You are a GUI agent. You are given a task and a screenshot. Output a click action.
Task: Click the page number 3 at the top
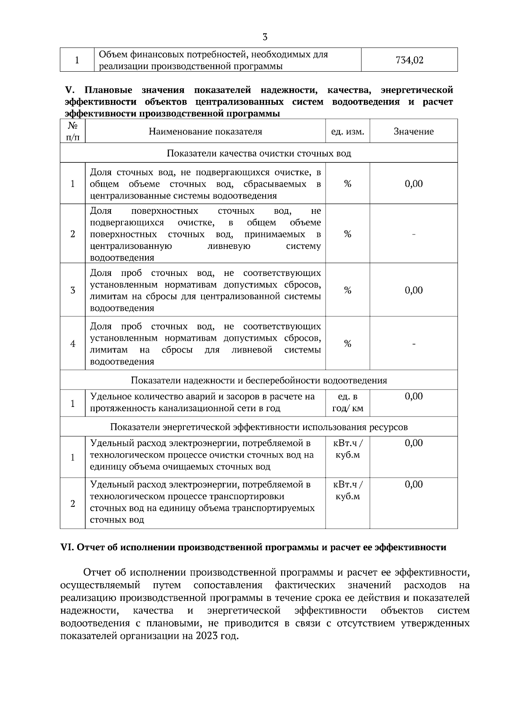coord(265,37)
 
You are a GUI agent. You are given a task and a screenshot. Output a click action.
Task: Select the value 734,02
coord(409,60)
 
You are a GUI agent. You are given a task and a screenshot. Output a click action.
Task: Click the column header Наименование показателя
coord(205,132)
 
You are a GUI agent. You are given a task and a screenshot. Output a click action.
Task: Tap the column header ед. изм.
coord(347,132)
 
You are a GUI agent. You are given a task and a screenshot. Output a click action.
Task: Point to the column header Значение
coord(414,132)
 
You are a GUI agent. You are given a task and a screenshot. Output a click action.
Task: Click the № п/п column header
coord(73,131)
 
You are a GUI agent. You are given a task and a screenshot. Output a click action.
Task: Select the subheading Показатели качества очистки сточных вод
coord(259,153)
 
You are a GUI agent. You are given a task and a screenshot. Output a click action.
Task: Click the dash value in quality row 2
coord(414,234)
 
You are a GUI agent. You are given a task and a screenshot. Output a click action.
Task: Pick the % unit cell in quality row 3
coord(347,290)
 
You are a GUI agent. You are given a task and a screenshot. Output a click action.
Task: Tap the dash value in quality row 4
coord(414,344)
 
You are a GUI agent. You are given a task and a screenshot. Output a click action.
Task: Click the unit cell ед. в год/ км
coord(347,403)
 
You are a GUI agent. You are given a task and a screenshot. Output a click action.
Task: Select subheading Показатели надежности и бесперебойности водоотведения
coord(259,380)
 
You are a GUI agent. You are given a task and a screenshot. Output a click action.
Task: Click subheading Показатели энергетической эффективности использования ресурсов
coord(259,427)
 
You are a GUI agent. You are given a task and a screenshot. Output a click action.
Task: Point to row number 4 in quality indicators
coord(73,344)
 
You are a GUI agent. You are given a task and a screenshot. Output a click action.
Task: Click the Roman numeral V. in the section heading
coord(69,90)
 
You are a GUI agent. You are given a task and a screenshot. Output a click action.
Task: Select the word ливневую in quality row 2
coord(229,246)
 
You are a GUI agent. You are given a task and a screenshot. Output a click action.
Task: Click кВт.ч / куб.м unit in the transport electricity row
coord(347,490)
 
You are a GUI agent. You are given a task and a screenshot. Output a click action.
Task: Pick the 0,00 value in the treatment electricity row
coord(414,443)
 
